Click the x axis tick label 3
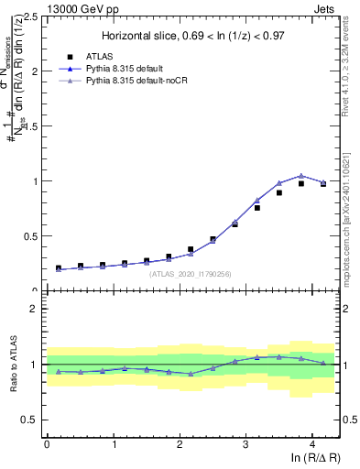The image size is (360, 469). tap(245, 444)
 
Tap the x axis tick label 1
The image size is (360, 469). tap(113, 444)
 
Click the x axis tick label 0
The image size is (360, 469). tap(47, 444)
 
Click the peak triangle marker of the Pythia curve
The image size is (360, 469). tap(300, 176)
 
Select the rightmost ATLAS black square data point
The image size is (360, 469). tap(322, 183)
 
